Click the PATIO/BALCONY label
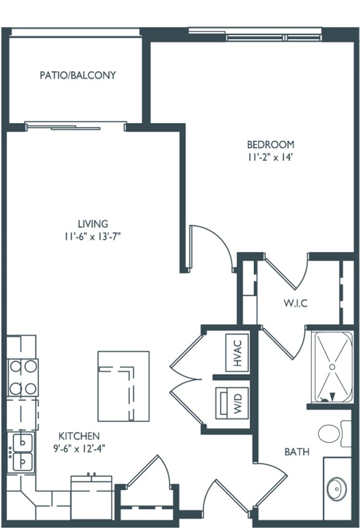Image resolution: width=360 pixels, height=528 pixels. (78, 75)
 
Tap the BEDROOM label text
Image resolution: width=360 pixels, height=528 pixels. (271, 144)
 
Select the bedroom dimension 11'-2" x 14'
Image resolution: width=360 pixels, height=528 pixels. (271, 157)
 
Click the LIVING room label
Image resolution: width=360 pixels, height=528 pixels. (95, 224)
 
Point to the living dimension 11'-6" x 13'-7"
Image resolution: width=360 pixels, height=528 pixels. (95, 237)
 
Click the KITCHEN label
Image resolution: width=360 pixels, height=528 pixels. (79, 436)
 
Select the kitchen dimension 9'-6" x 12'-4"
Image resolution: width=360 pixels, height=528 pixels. (79, 448)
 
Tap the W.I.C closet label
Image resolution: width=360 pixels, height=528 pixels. (296, 303)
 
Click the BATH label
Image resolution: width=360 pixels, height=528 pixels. (297, 452)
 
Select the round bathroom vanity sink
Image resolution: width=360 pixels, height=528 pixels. (337, 487)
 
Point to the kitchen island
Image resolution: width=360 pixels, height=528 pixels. (123, 386)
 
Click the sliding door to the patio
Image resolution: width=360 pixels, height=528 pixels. (76, 126)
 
